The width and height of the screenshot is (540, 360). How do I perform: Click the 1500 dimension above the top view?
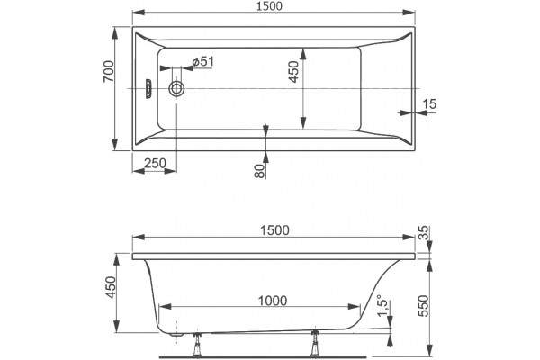269,6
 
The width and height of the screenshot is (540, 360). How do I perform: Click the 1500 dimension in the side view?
274,230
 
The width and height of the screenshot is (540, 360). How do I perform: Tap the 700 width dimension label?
109,72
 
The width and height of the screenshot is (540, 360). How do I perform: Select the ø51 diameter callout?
203,62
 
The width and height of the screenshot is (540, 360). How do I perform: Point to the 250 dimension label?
155,163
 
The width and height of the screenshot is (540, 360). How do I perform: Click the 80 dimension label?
260,171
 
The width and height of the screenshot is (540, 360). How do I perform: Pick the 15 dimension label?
429,103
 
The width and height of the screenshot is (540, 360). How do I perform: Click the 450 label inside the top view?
293,72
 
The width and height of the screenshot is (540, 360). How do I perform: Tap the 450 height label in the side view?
111,287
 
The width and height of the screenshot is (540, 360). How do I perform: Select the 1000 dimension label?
273,301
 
